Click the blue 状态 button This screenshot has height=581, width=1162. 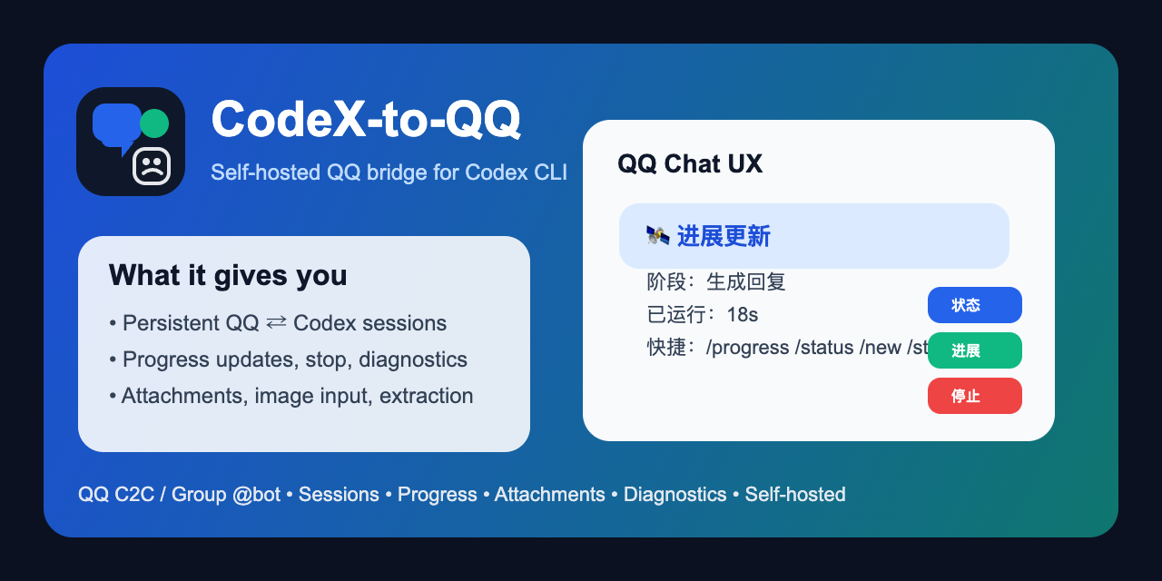tap(974, 305)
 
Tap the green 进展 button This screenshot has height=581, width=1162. tap(974, 350)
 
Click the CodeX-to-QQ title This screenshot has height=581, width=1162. tap(366, 118)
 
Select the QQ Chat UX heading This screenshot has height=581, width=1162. tap(690, 163)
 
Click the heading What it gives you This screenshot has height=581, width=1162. tap(228, 275)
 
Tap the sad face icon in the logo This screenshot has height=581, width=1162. tap(152, 166)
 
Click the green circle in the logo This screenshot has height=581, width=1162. tap(154, 123)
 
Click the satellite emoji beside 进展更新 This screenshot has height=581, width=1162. tap(658, 236)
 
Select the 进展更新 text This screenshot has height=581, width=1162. tap(724, 237)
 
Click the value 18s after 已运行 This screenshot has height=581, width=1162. tap(743, 315)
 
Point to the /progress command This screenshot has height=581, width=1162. tap(747, 348)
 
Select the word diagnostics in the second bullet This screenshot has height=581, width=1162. tap(413, 359)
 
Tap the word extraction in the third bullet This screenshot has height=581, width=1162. tap(426, 396)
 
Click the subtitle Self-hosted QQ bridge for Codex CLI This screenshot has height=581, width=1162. tap(389, 172)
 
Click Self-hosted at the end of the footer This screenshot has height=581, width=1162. tap(795, 495)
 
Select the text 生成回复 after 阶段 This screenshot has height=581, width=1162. tap(745, 282)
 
